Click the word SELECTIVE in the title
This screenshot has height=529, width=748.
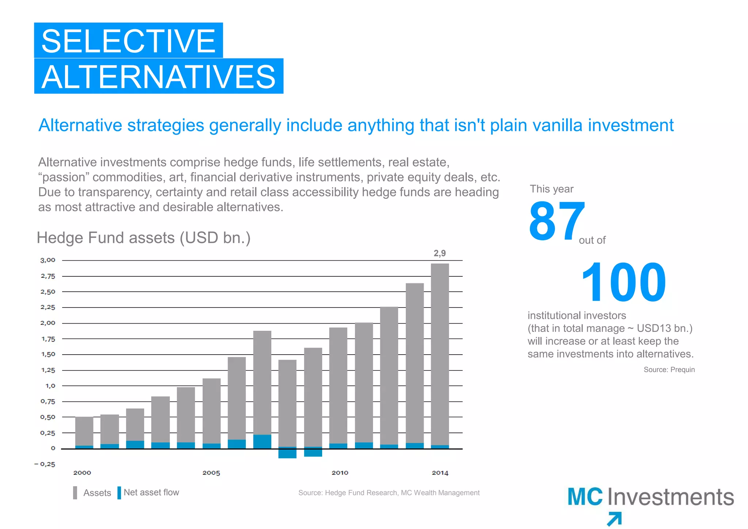click(128, 41)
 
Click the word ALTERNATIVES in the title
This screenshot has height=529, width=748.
click(159, 77)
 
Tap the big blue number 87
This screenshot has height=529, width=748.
click(556, 222)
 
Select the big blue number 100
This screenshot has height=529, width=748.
click(623, 282)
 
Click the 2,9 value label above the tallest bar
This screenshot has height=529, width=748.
click(439, 253)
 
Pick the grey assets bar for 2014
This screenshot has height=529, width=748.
click(440, 351)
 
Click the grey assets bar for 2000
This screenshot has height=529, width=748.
click(84, 431)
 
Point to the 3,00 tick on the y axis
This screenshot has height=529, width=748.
click(47, 260)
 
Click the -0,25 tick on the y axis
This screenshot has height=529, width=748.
click(45, 464)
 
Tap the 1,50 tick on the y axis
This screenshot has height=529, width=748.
click(48, 354)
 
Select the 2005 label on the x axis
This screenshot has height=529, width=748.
click(211, 473)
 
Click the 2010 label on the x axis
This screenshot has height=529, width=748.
click(340, 473)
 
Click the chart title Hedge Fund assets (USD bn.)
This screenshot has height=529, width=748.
click(144, 238)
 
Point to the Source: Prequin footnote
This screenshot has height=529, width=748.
click(669, 370)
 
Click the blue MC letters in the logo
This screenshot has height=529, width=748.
click(585, 497)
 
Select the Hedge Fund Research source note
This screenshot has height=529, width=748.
click(389, 493)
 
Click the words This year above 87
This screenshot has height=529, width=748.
click(552, 189)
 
